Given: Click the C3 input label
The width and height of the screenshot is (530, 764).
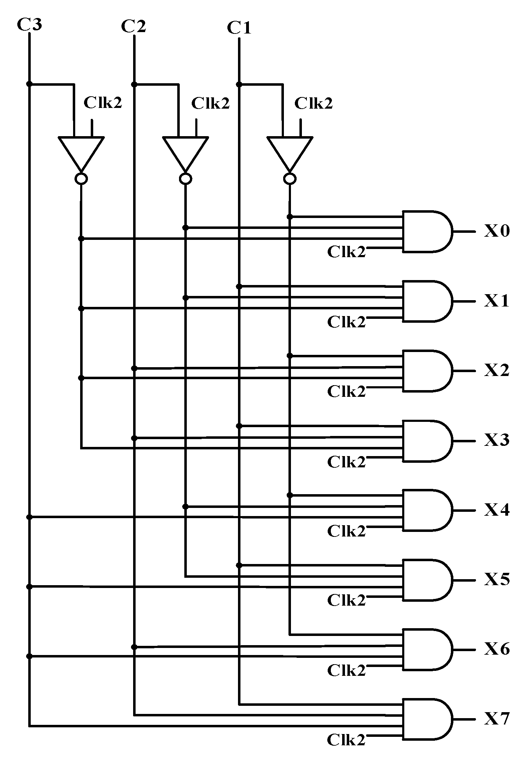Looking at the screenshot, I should [29, 25].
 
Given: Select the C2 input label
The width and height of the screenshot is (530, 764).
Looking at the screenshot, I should [133, 26].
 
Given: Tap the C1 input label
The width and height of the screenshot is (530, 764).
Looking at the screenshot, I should [239, 28].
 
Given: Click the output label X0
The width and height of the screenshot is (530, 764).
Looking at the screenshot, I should [496, 232].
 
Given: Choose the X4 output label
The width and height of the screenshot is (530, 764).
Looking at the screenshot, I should [496, 510].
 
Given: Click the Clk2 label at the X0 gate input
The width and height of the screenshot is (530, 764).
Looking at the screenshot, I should [346, 252].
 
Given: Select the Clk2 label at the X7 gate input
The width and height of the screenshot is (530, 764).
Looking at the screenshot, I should [346, 740].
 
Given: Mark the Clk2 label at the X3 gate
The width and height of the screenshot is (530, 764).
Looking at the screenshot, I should [346, 461].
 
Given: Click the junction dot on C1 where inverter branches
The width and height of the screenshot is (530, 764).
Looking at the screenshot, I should [239, 84].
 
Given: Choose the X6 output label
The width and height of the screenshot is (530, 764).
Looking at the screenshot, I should [496, 649].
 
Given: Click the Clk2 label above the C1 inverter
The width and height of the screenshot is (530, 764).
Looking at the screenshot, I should [314, 103].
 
